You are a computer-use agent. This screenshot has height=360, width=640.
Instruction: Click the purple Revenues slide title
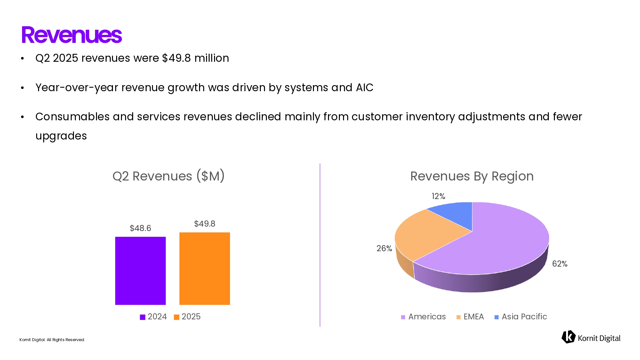[71, 35]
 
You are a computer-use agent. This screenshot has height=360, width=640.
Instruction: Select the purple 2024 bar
[140, 270]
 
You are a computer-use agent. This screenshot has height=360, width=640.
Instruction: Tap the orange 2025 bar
[204, 268]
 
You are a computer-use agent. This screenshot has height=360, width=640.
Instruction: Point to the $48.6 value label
[140, 228]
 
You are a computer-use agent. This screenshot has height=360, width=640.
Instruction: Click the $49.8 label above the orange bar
[204, 224]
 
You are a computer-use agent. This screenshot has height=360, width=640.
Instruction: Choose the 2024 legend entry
[153, 316]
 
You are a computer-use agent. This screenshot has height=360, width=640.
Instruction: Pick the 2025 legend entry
[187, 316]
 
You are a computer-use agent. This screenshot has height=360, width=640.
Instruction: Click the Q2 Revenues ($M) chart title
[168, 176]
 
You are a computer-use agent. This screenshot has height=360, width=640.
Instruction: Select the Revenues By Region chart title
[472, 176]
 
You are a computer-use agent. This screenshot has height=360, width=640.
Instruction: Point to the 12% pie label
[438, 196]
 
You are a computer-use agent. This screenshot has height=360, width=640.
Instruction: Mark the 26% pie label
[384, 248]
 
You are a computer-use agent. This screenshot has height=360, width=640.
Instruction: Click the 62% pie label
[560, 264]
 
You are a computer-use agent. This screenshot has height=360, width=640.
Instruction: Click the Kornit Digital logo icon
[568, 337]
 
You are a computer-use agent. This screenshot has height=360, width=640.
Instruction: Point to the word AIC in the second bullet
[364, 87]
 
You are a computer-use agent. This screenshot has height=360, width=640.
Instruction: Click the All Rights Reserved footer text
[66, 340]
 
